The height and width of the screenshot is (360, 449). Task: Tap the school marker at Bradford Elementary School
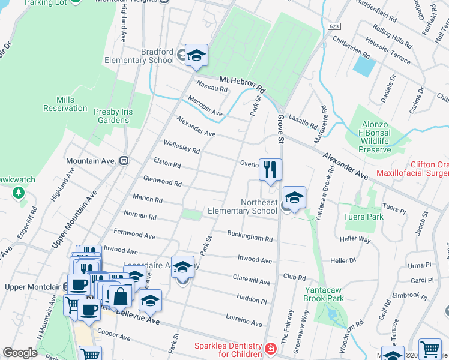pos(196,56)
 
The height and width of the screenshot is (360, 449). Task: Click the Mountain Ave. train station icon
pos(124,160)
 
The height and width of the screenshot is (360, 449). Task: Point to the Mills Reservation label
pos(65,104)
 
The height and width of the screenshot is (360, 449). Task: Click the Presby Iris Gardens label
pos(113,116)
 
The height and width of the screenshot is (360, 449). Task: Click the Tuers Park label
pos(363,216)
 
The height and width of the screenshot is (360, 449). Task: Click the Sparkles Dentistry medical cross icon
pos(271,349)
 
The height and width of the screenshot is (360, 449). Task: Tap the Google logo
pos(20,353)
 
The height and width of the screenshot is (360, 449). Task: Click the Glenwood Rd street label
pos(162,181)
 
